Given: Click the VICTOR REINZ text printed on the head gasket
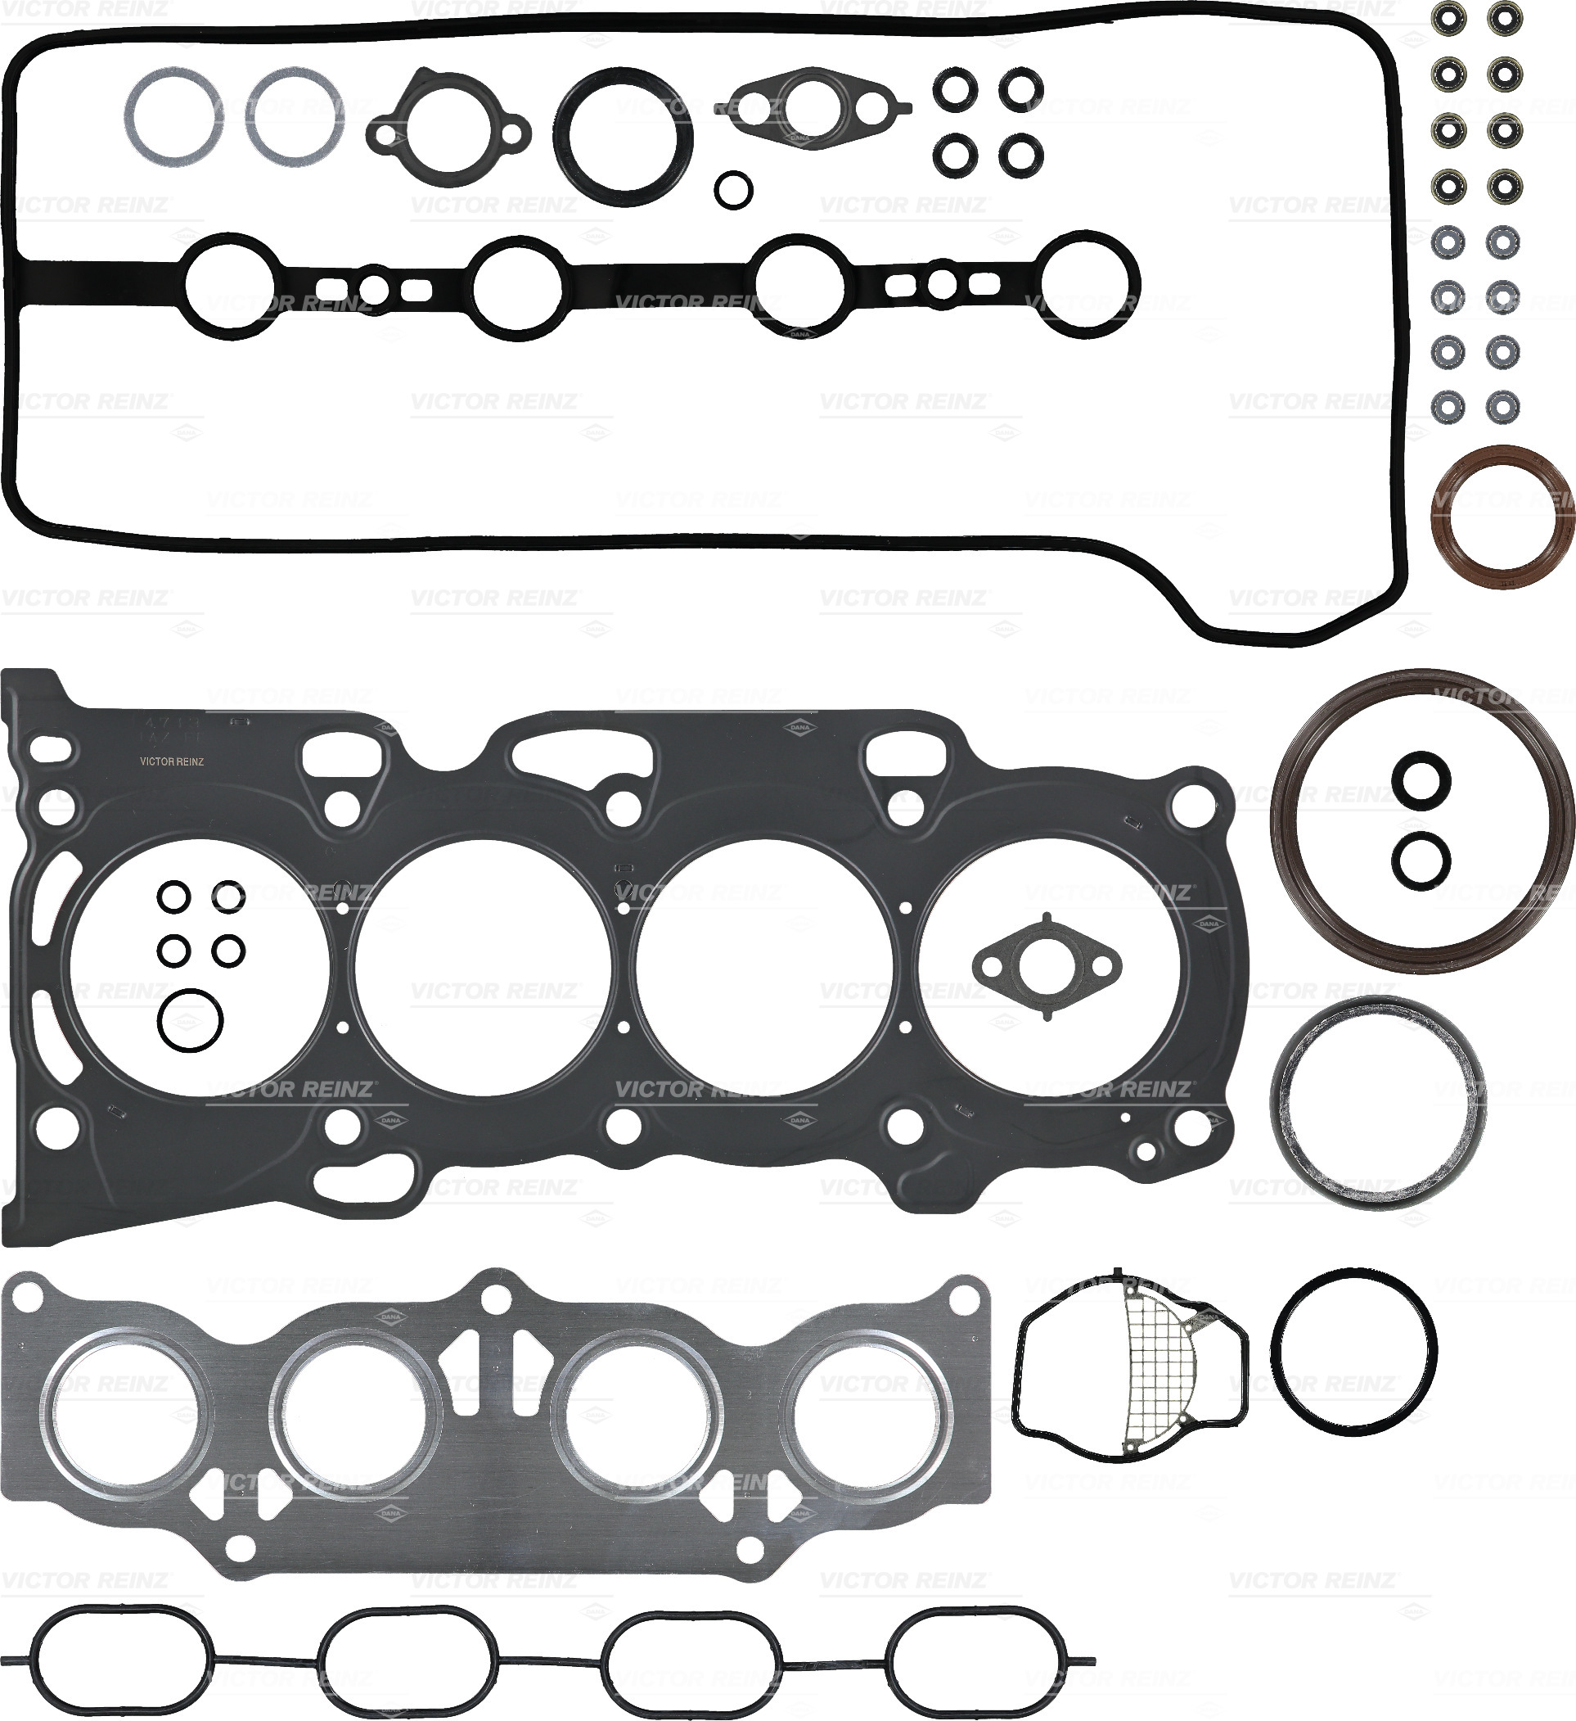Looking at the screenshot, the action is pos(172,762).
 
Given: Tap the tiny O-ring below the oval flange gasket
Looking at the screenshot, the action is pos(734,188).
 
